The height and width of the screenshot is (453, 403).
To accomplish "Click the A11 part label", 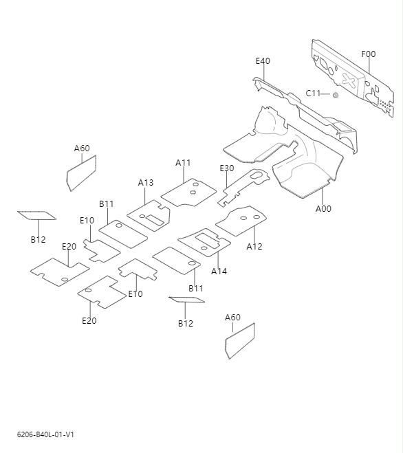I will [183, 163].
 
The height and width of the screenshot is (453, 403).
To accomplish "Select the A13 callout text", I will [146, 183].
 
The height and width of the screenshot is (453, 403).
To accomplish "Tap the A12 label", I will [254, 246].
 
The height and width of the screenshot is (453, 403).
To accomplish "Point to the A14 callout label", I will [219, 272].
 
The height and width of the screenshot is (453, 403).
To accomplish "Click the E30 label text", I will [227, 168].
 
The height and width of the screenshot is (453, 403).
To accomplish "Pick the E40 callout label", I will [263, 61].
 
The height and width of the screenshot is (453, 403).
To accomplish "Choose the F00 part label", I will [369, 54].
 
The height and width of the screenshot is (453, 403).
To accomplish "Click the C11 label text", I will [313, 93].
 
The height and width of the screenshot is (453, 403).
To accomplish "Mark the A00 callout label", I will [323, 209].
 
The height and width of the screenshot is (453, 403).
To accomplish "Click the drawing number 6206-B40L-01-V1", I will [45, 435].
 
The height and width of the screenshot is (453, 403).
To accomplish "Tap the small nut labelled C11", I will [335, 94].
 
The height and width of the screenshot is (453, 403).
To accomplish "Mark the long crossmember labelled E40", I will [303, 110].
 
